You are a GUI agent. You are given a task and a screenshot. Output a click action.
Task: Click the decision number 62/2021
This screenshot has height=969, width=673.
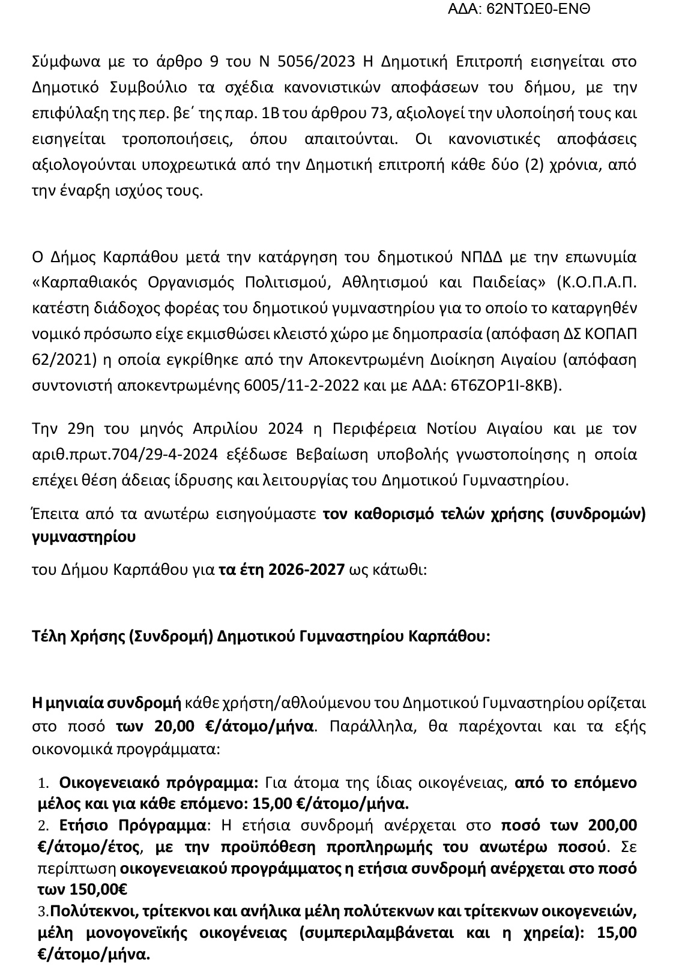click(59, 360)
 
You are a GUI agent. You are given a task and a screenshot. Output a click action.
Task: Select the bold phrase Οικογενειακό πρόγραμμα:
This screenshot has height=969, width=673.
click(158, 783)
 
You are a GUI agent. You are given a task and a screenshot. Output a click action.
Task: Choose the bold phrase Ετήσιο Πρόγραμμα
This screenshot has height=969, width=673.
click(133, 826)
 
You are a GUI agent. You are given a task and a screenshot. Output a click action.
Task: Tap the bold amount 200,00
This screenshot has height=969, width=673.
click(612, 826)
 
